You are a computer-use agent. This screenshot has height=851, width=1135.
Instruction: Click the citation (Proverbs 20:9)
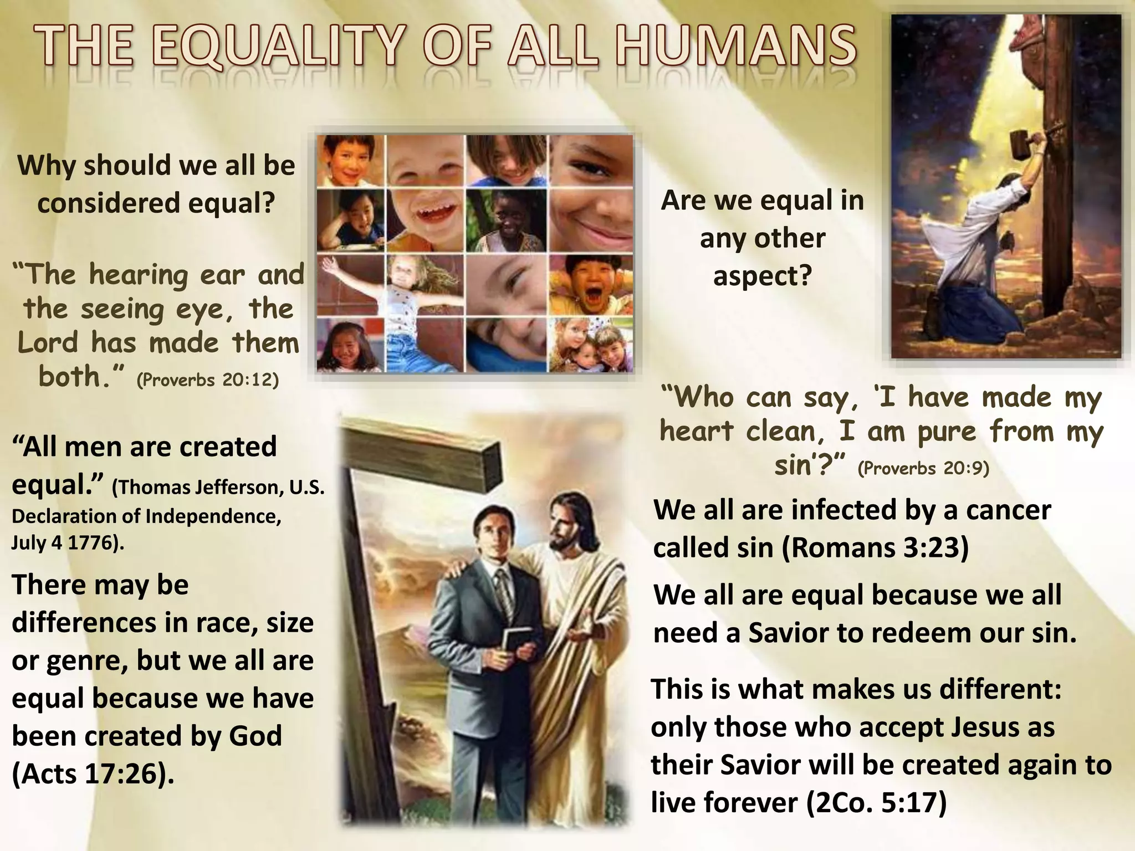pos(923,468)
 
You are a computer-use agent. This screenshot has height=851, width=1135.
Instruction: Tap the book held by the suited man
pos(512,642)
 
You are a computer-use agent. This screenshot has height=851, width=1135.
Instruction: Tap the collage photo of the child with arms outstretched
pos(388,285)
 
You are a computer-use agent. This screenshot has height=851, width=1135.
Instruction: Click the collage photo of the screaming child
pos(591,285)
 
